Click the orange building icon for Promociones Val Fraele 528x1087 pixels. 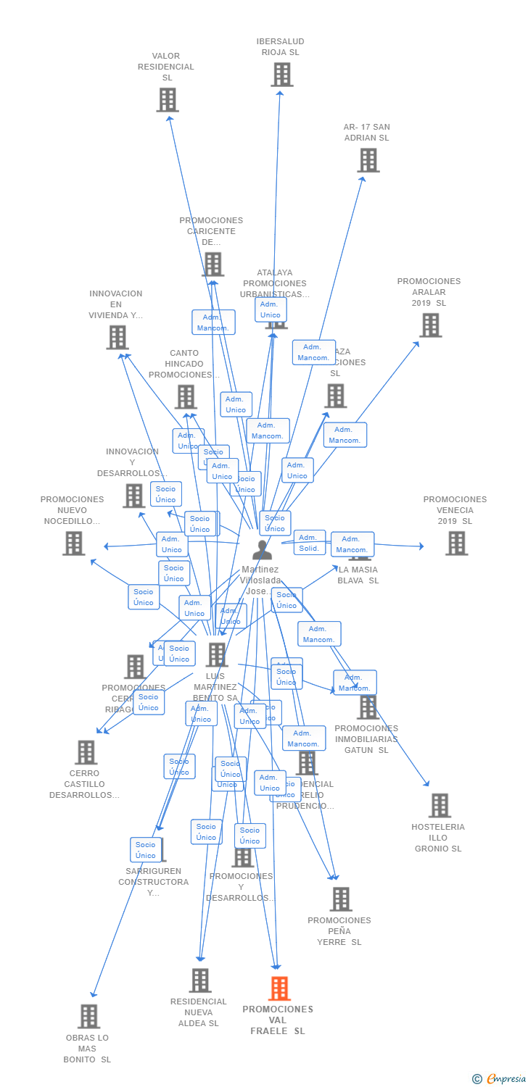click(279, 988)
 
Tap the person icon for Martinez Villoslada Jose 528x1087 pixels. click(263, 550)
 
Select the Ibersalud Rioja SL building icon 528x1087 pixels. click(281, 75)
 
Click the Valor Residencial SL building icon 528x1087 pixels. click(168, 100)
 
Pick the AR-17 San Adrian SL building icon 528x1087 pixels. click(368, 160)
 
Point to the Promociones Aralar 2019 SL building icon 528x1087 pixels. click(431, 325)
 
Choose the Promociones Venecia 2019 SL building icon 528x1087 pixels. click(456, 543)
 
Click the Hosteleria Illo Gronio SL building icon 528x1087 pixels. click(440, 805)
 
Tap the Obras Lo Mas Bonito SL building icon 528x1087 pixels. click(88, 1016)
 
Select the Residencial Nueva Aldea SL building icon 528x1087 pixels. click(200, 980)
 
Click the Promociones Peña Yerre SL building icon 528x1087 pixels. click(340, 899)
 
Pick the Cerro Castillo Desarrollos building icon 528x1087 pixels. click(86, 752)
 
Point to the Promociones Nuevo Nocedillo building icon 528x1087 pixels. click(73, 543)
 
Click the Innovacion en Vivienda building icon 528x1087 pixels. click(117, 337)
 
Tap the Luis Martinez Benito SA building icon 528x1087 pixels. click(216, 654)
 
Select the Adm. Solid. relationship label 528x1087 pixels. click(309, 542)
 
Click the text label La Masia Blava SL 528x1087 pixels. click(358, 575)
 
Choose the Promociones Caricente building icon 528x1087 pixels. click(213, 265)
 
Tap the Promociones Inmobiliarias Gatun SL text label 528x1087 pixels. click(366, 738)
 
